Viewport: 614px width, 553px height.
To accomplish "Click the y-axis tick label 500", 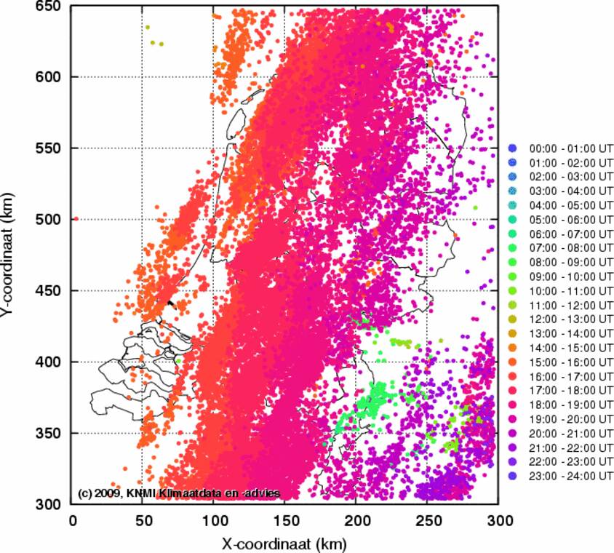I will (47, 219).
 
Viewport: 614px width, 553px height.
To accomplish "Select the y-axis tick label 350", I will (47, 433).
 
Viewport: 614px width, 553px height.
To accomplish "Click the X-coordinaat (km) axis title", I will (284, 543).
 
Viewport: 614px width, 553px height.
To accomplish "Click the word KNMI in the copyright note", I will (143, 493).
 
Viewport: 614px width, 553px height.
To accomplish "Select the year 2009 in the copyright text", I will (108, 493).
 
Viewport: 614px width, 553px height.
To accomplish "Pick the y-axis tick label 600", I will (47, 76).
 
